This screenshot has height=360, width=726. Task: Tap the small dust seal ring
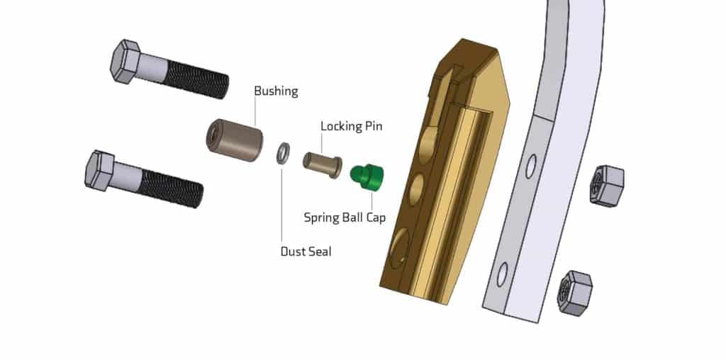pyautogui.click(x=282, y=153)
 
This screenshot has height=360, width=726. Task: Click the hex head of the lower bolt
pyautogui.click(x=100, y=169)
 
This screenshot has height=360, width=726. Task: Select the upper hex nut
pyautogui.click(x=607, y=185)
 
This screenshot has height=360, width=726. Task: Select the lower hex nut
pyautogui.click(x=575, y=292)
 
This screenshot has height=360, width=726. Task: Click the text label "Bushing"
pyautogui.click(x=276, y=91)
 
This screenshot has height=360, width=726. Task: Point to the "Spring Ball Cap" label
pyautogui.click(x=345, y=218)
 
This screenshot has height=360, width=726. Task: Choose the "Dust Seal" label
pyautogui.click(x=306, y=251)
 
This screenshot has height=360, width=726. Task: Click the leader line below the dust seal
pyautogui.click(x=281, y=206)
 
